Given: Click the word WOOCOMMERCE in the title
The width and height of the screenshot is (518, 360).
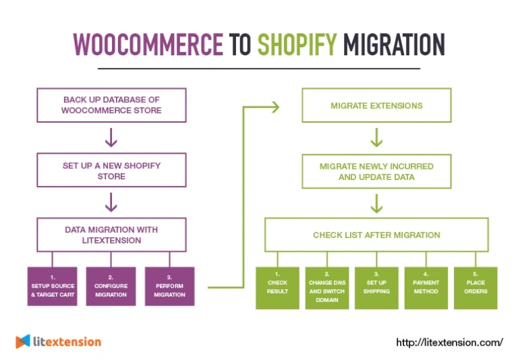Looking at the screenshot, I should [148, 44].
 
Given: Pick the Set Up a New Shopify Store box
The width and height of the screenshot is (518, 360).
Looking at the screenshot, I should [112, 171].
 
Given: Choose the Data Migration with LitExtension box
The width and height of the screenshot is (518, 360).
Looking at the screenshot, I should [112, 235].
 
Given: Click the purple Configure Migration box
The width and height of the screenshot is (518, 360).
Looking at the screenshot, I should [111, 287].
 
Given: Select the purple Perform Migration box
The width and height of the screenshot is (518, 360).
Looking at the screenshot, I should [169, 287].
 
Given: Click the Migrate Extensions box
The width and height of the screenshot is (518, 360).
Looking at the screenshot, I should [376, 106].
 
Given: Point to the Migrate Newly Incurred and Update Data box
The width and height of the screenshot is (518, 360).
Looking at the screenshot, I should [376, 171].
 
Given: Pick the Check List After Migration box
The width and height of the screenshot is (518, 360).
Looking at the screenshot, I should [376, 235].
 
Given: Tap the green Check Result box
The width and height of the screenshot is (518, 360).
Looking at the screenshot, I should [277, 288].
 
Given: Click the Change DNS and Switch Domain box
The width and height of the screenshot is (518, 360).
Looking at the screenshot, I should [327, 288].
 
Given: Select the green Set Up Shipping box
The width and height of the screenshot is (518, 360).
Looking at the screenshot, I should [376, 288].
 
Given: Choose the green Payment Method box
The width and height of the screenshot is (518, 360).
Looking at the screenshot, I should [426, 288].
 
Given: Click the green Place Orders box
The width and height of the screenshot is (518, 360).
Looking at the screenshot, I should [476, 288].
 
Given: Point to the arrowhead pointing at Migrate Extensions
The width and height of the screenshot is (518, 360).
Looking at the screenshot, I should [274, 106].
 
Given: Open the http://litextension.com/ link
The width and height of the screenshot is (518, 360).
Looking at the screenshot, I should [449, 342].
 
